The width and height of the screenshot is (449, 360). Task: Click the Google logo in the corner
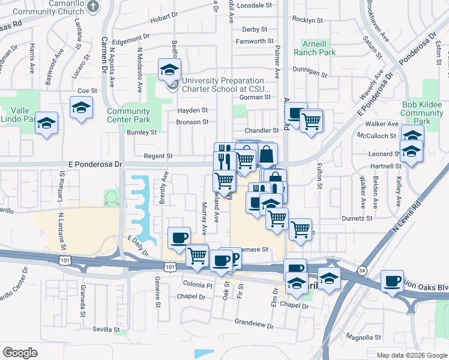(x=20, y=353)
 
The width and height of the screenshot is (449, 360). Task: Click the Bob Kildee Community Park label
(x=422, y=113)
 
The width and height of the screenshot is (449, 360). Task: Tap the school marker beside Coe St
(x=80, y=108)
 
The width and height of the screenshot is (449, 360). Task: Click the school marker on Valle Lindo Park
(x=46, y=123)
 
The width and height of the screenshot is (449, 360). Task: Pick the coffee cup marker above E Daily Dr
(x=179, y=238)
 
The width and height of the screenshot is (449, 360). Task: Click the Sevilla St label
(x=107, y=329)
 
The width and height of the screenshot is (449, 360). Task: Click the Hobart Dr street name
(x=164, y=18)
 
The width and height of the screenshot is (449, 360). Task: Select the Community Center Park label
(x=128, y=115)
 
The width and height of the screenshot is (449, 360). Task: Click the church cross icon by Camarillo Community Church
(x=92, y=7)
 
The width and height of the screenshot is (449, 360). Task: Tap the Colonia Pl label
(x=198, y=286)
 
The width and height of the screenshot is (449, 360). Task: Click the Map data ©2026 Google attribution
(x=411, y=355)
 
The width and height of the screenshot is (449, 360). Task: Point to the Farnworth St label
(x=255, y=41)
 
